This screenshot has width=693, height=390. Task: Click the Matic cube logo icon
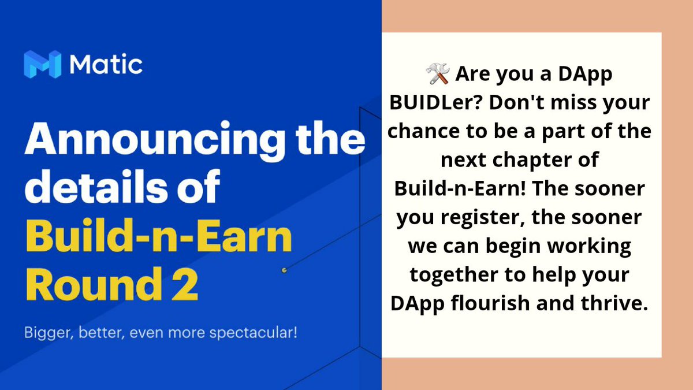[x=42, y=64]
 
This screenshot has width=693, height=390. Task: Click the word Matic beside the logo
[x=106, y=64]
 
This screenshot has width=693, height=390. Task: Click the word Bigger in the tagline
[x=47, y=334]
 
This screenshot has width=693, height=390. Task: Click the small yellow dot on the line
[x=284, y=270]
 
